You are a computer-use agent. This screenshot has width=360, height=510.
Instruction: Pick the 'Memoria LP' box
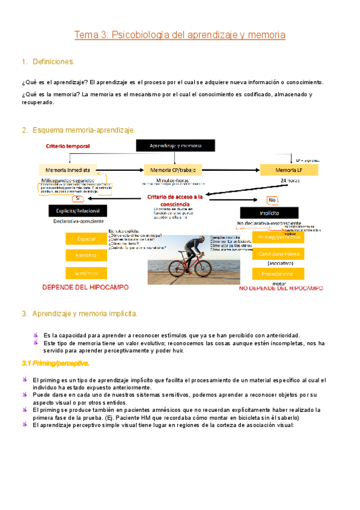(285, 170)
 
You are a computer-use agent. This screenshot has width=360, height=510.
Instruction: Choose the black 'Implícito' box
(269, 212)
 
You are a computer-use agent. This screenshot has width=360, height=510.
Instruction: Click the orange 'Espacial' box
(86, 239)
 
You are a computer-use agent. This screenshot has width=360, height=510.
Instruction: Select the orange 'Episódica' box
(86, 255)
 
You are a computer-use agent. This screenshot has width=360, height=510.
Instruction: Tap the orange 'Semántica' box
(86, 273)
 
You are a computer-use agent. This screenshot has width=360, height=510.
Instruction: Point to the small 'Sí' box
(77, 198)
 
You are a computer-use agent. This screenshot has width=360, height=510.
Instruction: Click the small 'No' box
(272, 200)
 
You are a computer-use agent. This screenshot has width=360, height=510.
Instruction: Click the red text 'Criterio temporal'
(68, 146)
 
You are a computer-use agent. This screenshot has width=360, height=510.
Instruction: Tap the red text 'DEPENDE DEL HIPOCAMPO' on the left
(85, 288)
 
